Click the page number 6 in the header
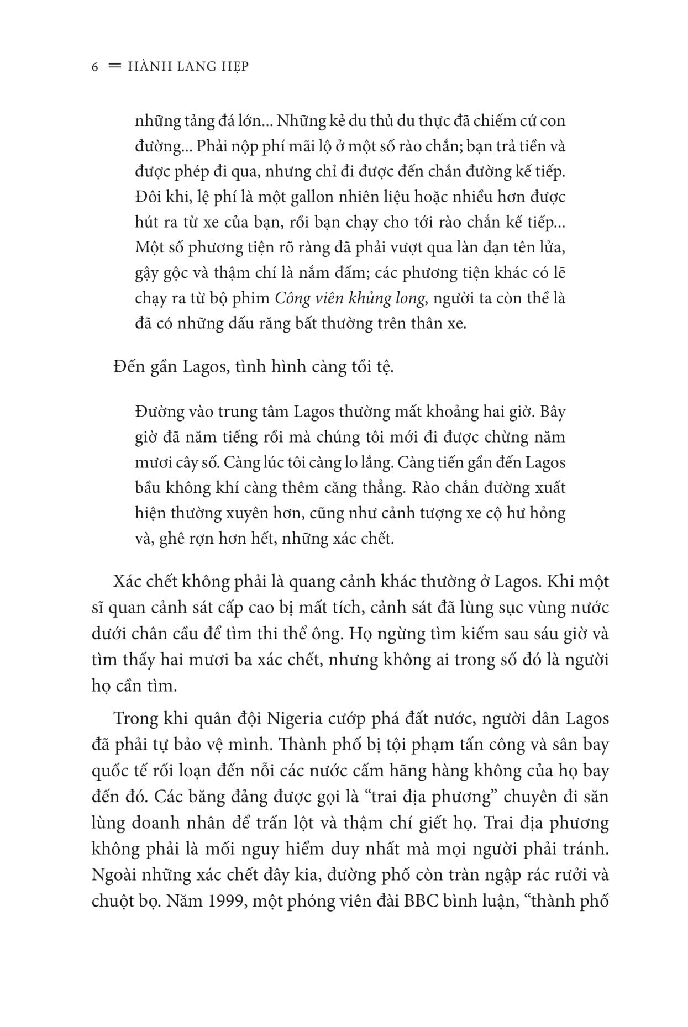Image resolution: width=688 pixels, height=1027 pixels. point(95,66)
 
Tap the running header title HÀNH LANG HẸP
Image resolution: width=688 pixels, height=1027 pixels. point(188,66)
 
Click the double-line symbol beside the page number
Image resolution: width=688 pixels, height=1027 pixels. point(115,66)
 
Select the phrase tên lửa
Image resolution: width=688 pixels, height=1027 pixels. point(535,247)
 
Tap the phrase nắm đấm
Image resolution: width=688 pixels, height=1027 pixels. point(324,273)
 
